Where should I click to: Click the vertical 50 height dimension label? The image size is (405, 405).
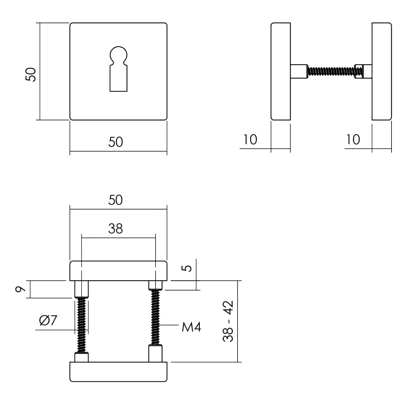point(31,74)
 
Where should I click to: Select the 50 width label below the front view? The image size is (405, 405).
point(116,142)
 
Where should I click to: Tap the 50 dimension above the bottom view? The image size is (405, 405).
point(116,200)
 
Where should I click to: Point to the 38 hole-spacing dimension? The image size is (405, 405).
point(116,229)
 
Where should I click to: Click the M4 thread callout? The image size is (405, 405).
point(191,327)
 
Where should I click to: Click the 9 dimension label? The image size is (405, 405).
point(21,289)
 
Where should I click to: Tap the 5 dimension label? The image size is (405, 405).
point(188,268)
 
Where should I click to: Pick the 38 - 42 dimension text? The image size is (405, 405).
point(228,321)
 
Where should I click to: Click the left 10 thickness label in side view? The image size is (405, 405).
point(250,139)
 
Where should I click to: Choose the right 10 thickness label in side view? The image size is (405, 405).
point(353,139)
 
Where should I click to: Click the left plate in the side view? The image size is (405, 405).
point(280,71)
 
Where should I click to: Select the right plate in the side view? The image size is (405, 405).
point(382,71)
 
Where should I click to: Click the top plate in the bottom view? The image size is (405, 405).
point(118,270)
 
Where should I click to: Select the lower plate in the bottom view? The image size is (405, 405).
point(118,372)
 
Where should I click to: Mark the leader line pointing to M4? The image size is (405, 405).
point(169,325)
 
